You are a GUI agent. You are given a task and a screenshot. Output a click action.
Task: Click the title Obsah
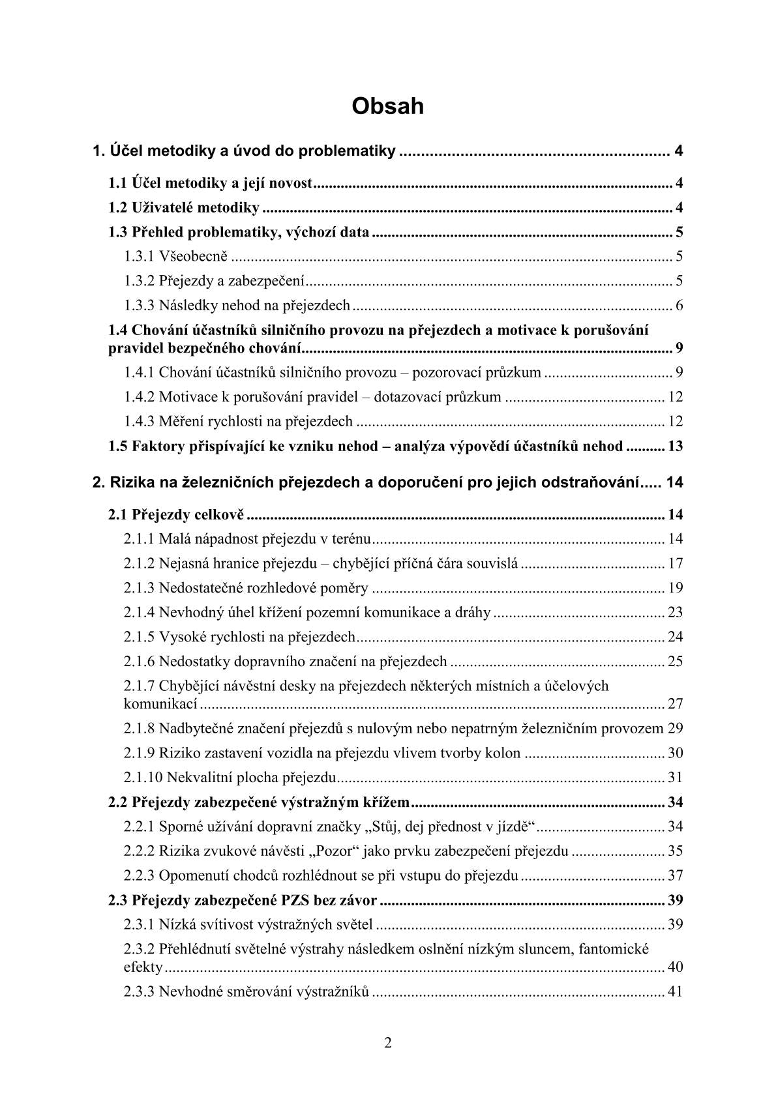387,106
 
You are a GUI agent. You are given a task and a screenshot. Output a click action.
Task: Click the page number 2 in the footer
388,1044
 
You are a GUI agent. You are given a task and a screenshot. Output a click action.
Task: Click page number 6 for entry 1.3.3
679,306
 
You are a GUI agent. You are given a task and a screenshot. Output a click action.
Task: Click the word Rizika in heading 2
132,483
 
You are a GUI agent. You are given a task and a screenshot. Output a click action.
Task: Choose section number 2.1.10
143,778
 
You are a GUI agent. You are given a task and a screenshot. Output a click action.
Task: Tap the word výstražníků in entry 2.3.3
333,993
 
